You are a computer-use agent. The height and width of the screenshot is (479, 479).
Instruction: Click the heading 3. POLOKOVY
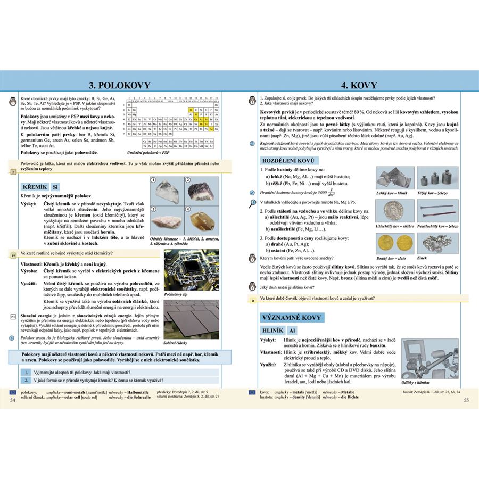(119, 85)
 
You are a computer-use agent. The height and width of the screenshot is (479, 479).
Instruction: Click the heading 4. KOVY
(359, 85)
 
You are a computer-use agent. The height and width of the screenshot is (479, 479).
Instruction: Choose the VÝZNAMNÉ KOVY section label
(292, 318)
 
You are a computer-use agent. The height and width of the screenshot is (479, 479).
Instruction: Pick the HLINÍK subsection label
(275, 331)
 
